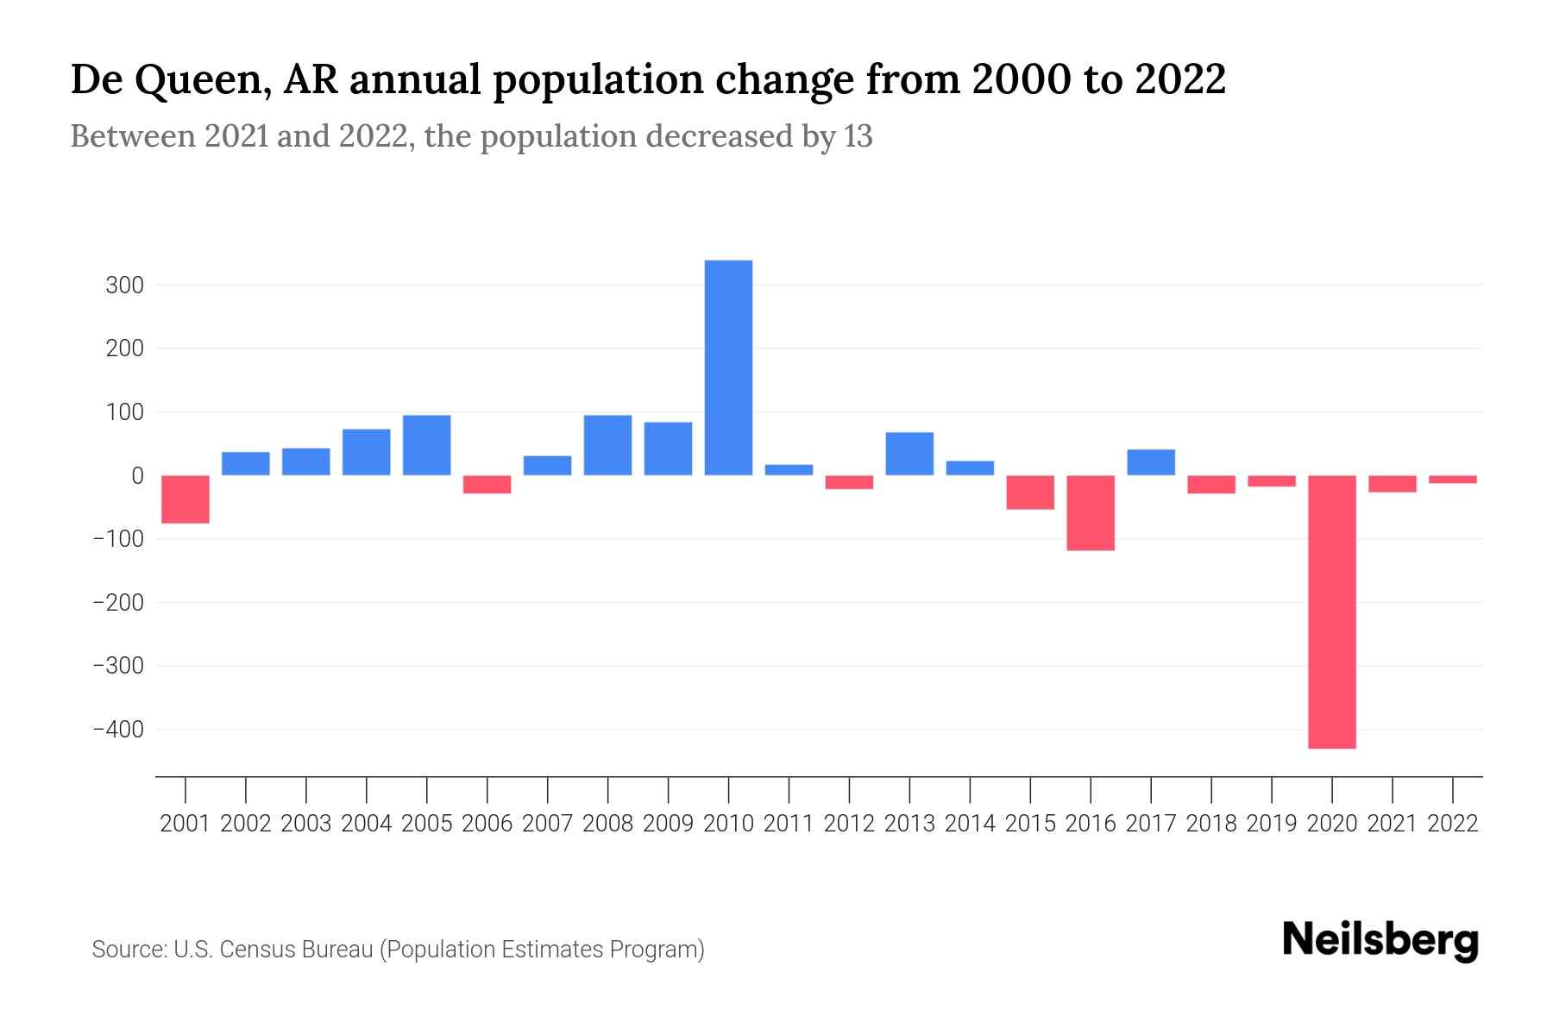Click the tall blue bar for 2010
[x=728, y=367]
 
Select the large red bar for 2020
[x=1331, y=612]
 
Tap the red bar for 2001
[x=185, y=499]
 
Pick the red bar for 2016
[x=1091, y=512]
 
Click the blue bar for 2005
[x=426, y=445]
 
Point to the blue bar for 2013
[x=909, y=454]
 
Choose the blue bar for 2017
[x=1150, y=462]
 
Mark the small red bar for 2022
[x=1452, y=480]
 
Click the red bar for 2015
[x=1030, y=492]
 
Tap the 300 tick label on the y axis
[x=124, y=285]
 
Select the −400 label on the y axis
[x=118, y=730]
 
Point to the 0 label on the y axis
[x=137, y=476]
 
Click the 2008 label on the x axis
[x=607, y=824]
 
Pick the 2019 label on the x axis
[x=1271, y=824]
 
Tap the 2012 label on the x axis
[x=849, y=824]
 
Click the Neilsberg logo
[x=1380, y=941]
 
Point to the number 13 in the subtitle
[x=858, y=137]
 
